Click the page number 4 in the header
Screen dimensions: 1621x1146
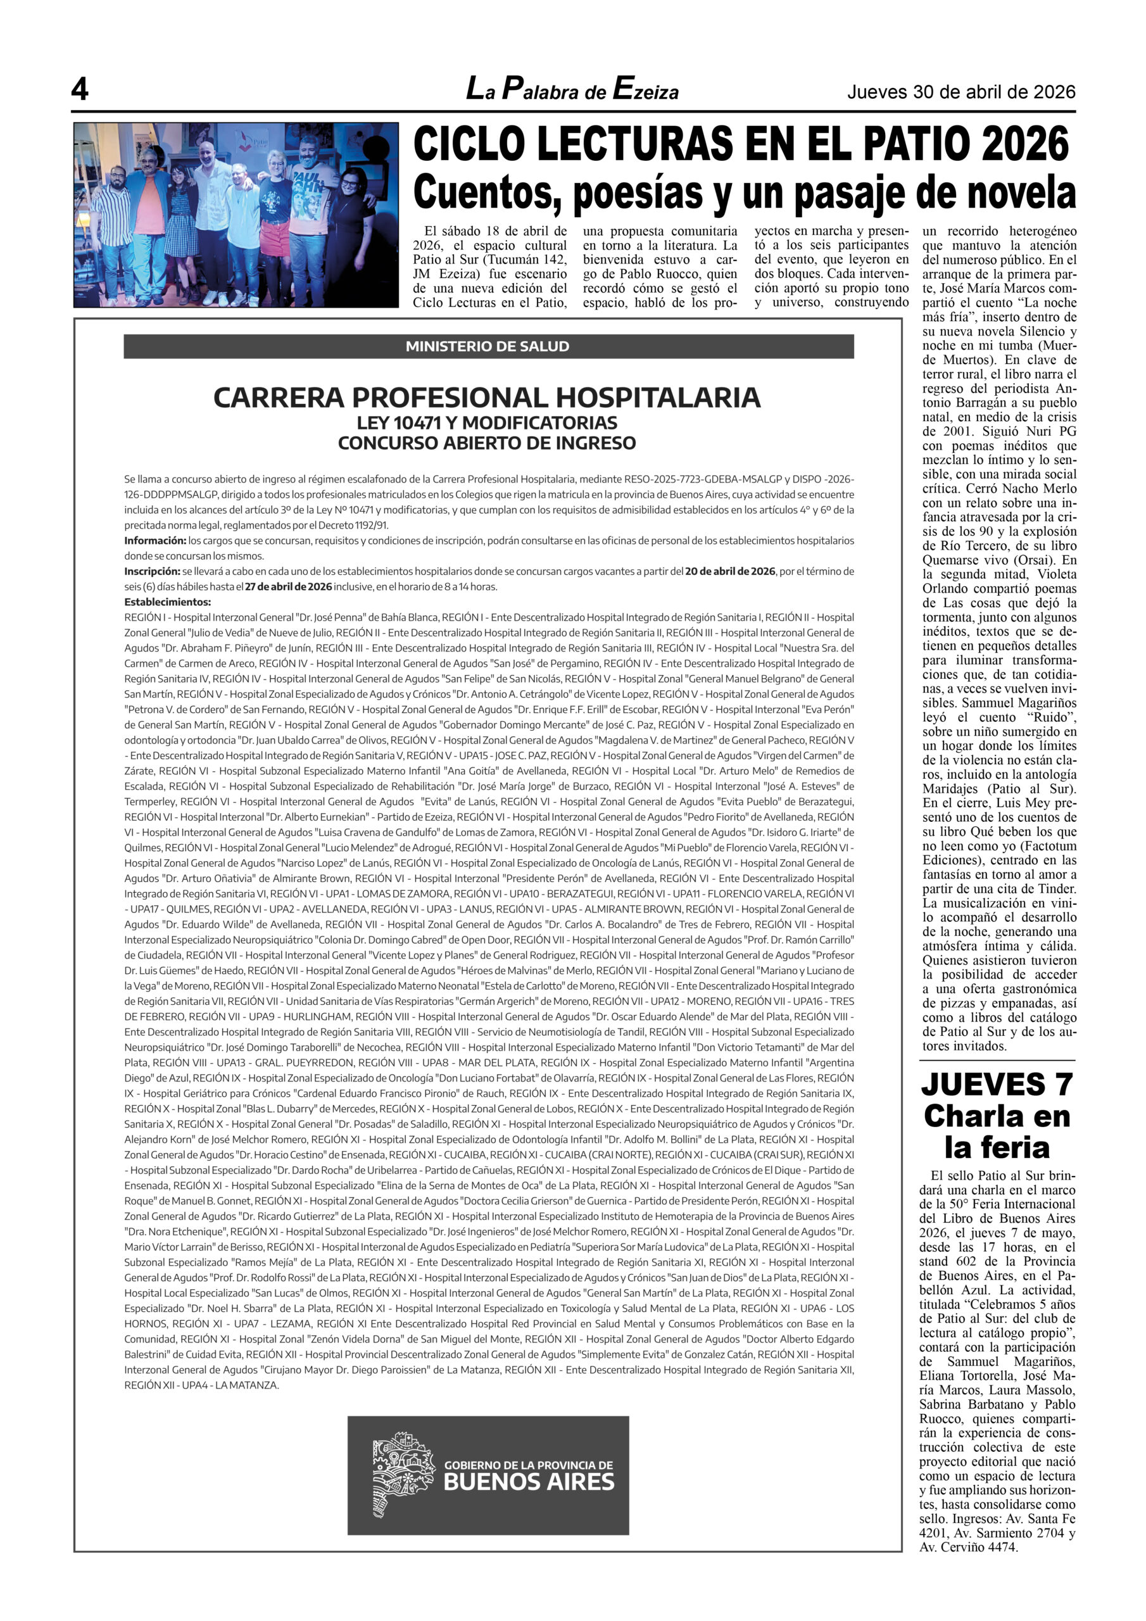coord(80,90)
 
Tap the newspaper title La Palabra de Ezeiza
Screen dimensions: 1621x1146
coord(572,90)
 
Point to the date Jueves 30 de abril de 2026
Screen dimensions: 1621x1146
coord(961,92)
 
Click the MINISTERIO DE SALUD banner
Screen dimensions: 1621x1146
coord(488,346)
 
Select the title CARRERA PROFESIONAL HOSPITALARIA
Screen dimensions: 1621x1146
coord(488,398)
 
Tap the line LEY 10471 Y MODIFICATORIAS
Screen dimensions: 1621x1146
coord(488,423)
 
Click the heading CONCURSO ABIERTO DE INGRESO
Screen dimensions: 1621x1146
coord(488,443)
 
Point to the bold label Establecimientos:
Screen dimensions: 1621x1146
coord(167,602)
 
